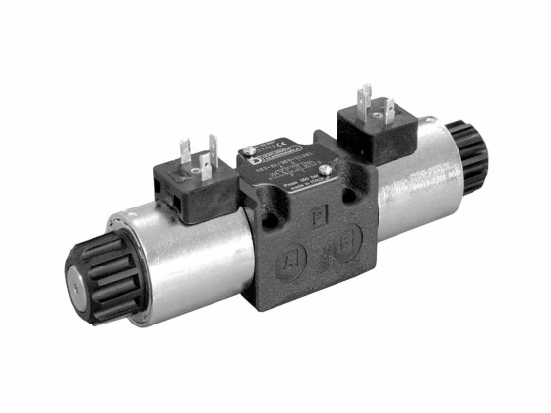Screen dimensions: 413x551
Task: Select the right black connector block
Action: pyautogui.click(x=376, y=134)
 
